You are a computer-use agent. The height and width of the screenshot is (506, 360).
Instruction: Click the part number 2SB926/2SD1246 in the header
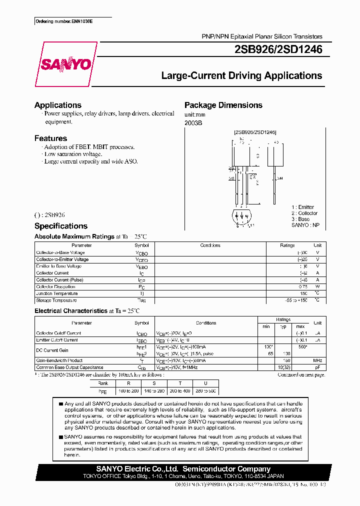click(x=278, y=49)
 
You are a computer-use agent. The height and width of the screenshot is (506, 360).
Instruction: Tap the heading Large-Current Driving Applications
click(x=241, y=76)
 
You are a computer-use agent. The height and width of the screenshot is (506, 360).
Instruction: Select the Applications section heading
click(x=58, y=105)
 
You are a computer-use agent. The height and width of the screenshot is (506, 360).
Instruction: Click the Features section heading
click(x=50, y=138)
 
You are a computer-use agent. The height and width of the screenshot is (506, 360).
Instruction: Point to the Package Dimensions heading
click(x=223, y=105)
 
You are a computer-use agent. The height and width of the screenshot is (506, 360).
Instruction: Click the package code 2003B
click(x=193, y=122)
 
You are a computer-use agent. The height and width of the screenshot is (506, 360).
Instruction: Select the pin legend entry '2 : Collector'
click(x=304, y=213)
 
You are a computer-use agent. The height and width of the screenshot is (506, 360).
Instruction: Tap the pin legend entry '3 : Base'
click(x=300, y=219)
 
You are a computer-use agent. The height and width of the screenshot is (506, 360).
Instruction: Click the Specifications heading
click(x=61, y=226)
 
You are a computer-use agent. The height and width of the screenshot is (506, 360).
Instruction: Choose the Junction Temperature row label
click(x=56, y=293)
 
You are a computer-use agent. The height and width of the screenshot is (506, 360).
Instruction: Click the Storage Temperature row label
click(x=56, y=300)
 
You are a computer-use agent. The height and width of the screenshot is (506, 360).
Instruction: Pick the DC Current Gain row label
click(x=52, y=350)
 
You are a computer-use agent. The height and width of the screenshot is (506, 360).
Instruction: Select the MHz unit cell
click(x=317, y=360)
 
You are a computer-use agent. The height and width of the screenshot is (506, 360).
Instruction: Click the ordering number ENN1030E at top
click(x=64, y=22)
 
